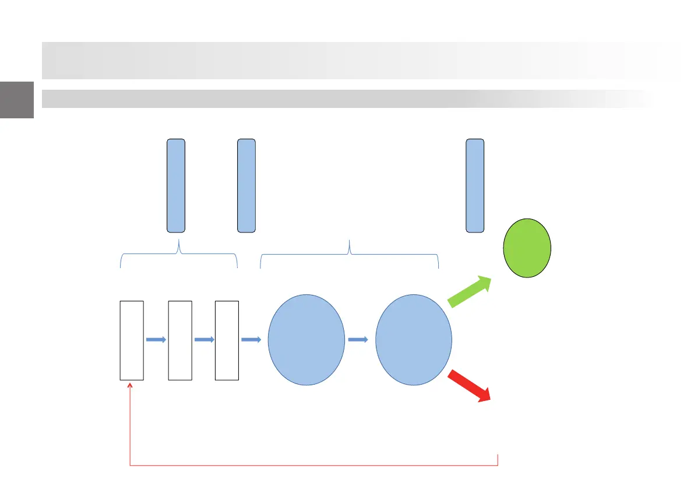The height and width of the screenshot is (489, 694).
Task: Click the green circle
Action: (527, 248)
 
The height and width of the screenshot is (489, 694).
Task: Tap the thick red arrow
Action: (470, 386)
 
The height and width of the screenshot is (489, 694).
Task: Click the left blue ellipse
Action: (306, 340)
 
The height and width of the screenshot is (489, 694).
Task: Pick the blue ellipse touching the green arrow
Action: (413, 340)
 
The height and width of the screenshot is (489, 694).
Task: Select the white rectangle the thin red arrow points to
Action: (132, 340)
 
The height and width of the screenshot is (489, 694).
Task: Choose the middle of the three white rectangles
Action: (179, 340)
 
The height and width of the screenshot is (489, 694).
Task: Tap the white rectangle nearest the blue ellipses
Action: (227, 340)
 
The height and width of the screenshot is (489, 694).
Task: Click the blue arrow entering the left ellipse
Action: (251, 340)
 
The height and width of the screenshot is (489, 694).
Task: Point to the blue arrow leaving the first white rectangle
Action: (156, 340)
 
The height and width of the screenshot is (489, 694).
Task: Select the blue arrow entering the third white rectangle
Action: (203, 340)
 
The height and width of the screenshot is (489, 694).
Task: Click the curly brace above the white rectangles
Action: (179, 255)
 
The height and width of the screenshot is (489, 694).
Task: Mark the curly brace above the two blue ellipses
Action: (349, 255)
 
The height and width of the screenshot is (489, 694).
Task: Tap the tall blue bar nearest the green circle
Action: (475, 185)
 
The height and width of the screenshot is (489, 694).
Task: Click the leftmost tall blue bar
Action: (176, 185)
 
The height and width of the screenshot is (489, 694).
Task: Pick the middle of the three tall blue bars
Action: (246, 185)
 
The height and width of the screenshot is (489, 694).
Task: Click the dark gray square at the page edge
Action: (16, 100)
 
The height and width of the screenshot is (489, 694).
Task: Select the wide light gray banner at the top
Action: (361, 60)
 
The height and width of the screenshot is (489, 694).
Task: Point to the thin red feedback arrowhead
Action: (130, 385)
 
